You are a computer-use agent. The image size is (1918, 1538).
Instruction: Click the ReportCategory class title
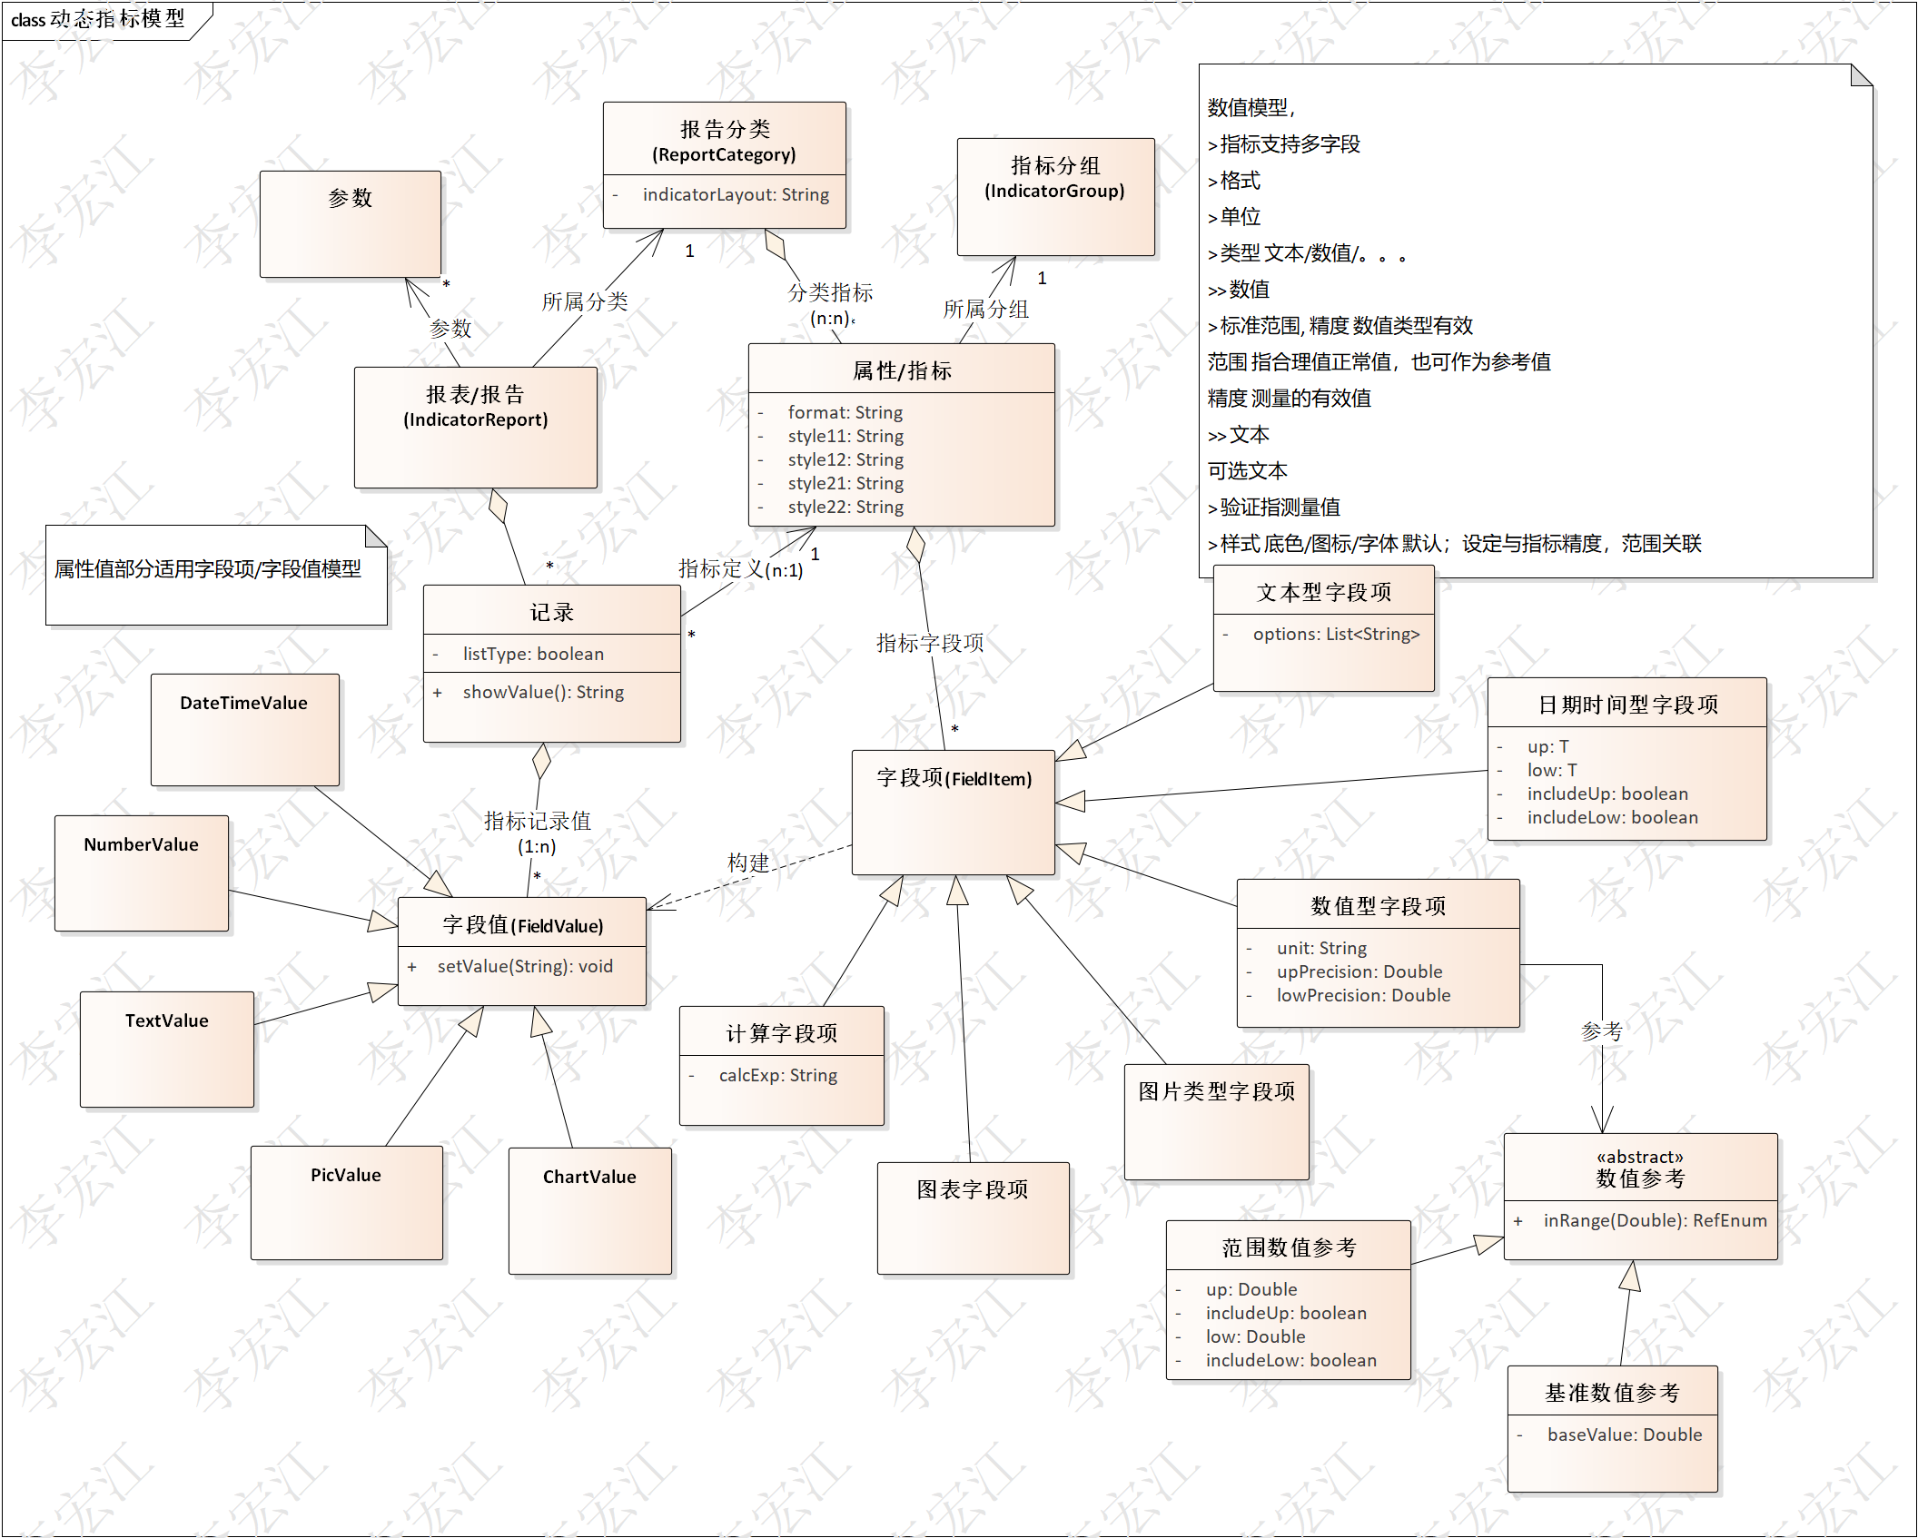tap(724, 142)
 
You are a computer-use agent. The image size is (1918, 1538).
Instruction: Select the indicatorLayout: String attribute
tap(735, 194)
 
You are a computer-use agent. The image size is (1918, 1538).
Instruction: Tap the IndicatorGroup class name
tap(1054, 178)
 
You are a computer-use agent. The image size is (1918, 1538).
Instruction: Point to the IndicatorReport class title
tap(475, 407)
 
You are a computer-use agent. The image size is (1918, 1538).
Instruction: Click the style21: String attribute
tap(845, 483)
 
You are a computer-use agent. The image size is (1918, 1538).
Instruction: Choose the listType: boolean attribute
tap(532, 654)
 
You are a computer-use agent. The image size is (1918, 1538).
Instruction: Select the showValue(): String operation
tap(542, 692)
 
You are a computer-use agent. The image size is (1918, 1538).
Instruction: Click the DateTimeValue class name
tap(243, 703)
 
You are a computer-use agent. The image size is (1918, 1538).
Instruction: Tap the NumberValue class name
tap(141, 844)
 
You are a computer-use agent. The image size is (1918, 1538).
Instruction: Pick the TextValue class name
tap(166, 1020)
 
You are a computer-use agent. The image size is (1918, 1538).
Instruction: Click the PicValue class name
tap(345, 1175)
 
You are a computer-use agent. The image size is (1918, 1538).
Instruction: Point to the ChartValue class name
tap(588, 1177)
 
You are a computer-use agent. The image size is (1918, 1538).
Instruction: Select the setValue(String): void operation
tap(524, 966)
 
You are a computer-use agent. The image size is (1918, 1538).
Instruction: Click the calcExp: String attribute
tap(777, 1075)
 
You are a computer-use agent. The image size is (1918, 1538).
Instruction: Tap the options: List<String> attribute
tap(1335, 634)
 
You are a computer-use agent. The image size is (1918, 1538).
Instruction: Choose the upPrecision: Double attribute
tap(1359, 971)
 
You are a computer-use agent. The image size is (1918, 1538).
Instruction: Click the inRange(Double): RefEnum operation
tap(1654, 1220)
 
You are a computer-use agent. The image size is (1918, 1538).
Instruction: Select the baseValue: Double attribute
tap(1624, 1434)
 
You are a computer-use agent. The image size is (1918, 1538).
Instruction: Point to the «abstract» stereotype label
tap(1639, 1157)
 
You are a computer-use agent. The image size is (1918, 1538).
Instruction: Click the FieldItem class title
tap(954, 779)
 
